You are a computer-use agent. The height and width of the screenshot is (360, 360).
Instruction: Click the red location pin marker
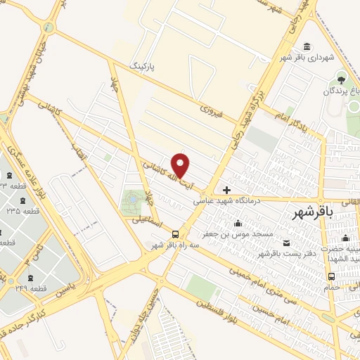click(x=181, y=165)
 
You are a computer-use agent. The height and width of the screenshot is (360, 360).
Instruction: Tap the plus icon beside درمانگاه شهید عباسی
click(x=226, y=190)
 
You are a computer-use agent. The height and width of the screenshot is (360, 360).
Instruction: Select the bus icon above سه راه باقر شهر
click(x=175, y=235)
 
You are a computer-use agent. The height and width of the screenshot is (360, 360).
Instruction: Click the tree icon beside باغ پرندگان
click(x=342, y=79)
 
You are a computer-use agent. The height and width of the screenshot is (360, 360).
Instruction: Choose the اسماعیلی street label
click(x=147, y=224)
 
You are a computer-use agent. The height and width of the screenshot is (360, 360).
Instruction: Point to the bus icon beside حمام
click(x=330, y=276)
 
